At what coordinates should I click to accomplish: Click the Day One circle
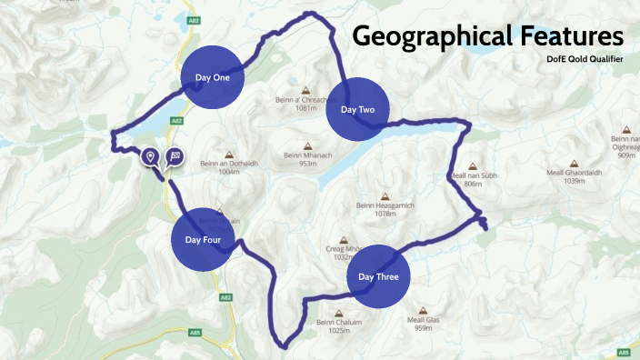click(213, 77)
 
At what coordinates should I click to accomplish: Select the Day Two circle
click(357, 110)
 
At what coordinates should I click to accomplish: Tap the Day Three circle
click(378, 276)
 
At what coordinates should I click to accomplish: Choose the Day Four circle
click(204, 240)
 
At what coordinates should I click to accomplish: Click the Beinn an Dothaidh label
click(228, 163)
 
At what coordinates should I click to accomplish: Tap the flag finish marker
click(173, 156)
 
